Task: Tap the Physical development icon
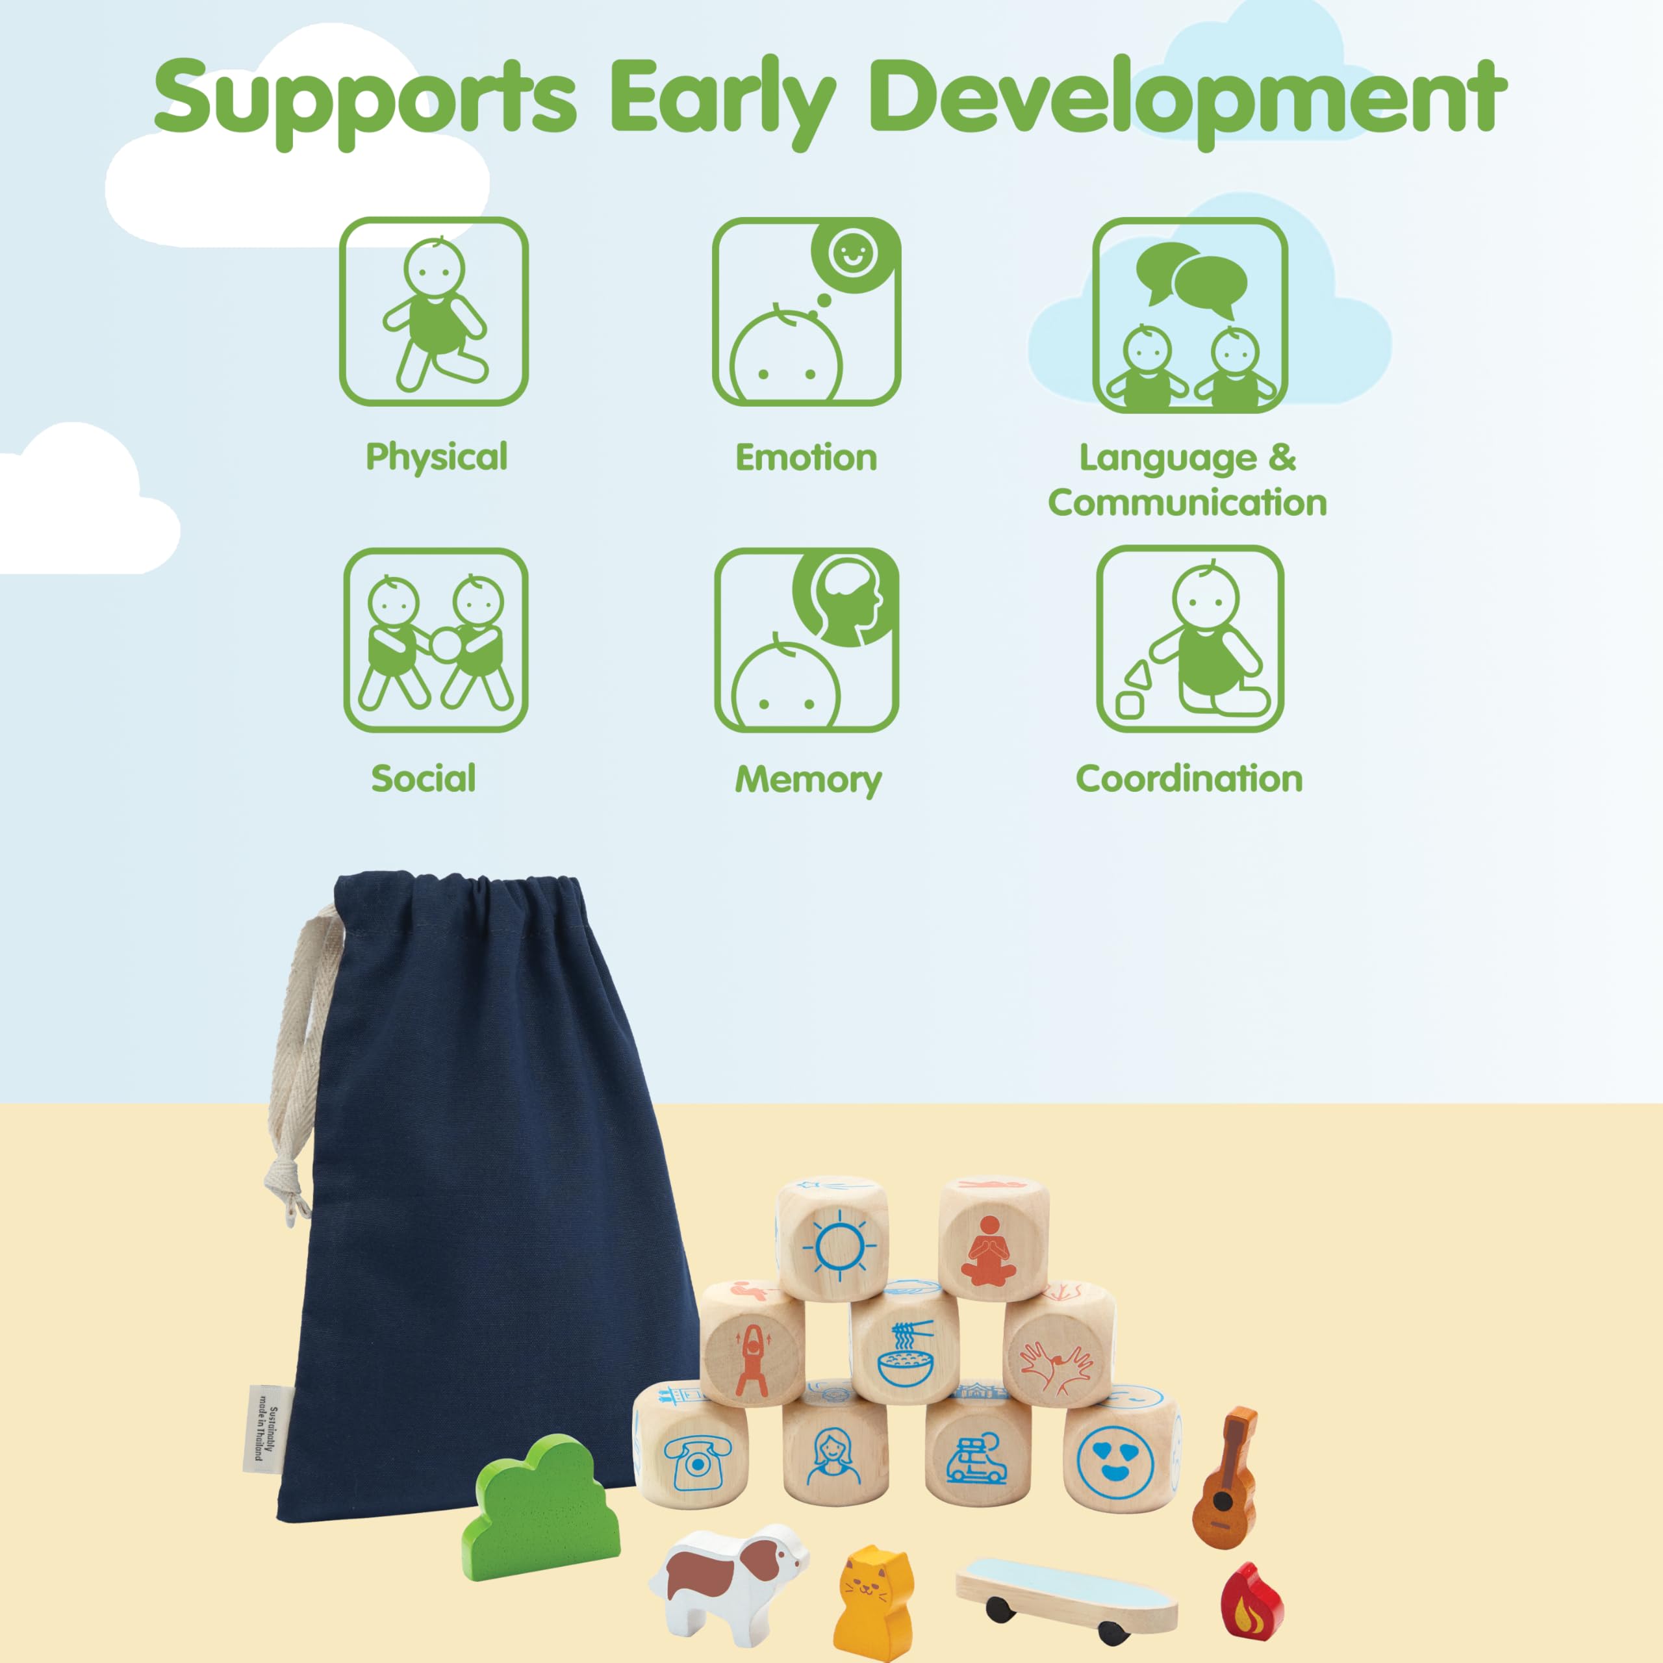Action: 433,312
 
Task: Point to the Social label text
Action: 424,778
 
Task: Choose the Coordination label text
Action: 1189,778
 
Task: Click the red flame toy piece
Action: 1250,1599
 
